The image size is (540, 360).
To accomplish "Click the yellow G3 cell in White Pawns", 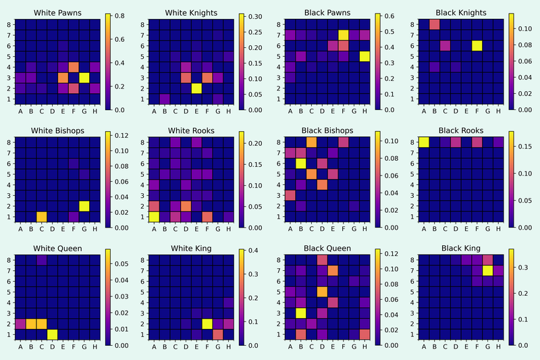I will (x=84, y=78).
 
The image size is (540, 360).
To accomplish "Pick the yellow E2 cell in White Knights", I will (x=196, y=88).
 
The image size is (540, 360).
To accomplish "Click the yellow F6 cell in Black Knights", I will (x=477, y=45).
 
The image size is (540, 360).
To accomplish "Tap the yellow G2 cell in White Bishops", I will (x=84, y=205).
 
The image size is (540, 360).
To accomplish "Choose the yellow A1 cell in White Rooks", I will (x=155, y=216).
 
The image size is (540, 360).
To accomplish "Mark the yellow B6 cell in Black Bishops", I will (x=300, y=163).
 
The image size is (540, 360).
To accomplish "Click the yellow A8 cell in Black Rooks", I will (x=424, y=142).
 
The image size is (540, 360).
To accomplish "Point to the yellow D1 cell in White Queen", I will (x=52, y=334).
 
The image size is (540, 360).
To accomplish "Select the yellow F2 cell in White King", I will (x=207, y=324).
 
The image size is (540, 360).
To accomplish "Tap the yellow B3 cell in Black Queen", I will (x=300, y=313).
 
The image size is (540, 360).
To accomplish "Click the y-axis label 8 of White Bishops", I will (x=8, y=142).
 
